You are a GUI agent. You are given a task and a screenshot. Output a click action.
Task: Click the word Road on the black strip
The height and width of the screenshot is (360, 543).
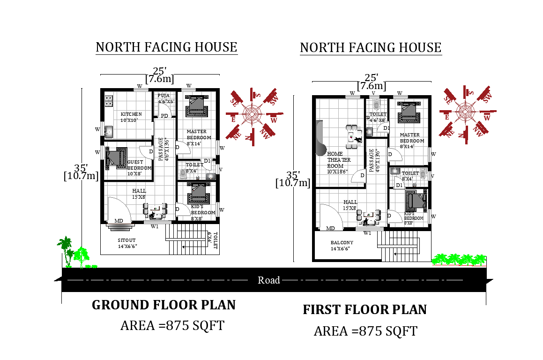[x=269, y=280]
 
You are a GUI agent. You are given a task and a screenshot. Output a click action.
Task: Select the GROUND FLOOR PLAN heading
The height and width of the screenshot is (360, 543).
[x=164, y=305]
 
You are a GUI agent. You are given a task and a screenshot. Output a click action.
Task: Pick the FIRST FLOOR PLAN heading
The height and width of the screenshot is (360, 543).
[x=364, y=310]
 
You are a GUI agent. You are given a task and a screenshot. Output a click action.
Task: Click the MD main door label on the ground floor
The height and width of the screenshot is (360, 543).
[x=119, y=221]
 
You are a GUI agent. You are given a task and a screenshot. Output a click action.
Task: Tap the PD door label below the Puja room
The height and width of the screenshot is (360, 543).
[x=164, y=116]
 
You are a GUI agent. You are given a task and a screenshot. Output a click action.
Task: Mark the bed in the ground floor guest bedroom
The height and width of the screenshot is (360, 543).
[x=116, y=158]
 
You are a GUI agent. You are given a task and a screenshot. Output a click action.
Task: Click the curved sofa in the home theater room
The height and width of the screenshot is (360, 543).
[x=320, y=138]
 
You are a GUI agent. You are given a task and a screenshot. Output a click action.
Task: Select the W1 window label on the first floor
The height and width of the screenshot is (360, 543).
[x=367, y=232]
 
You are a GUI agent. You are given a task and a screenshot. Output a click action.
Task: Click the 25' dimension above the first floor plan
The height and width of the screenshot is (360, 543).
[x=371, y=77]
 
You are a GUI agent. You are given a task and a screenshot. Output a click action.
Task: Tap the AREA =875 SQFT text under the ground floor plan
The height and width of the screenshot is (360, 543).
[x=172, y=325]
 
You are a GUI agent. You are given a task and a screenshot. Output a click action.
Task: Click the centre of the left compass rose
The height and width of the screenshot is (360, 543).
[x=252, y=114]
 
